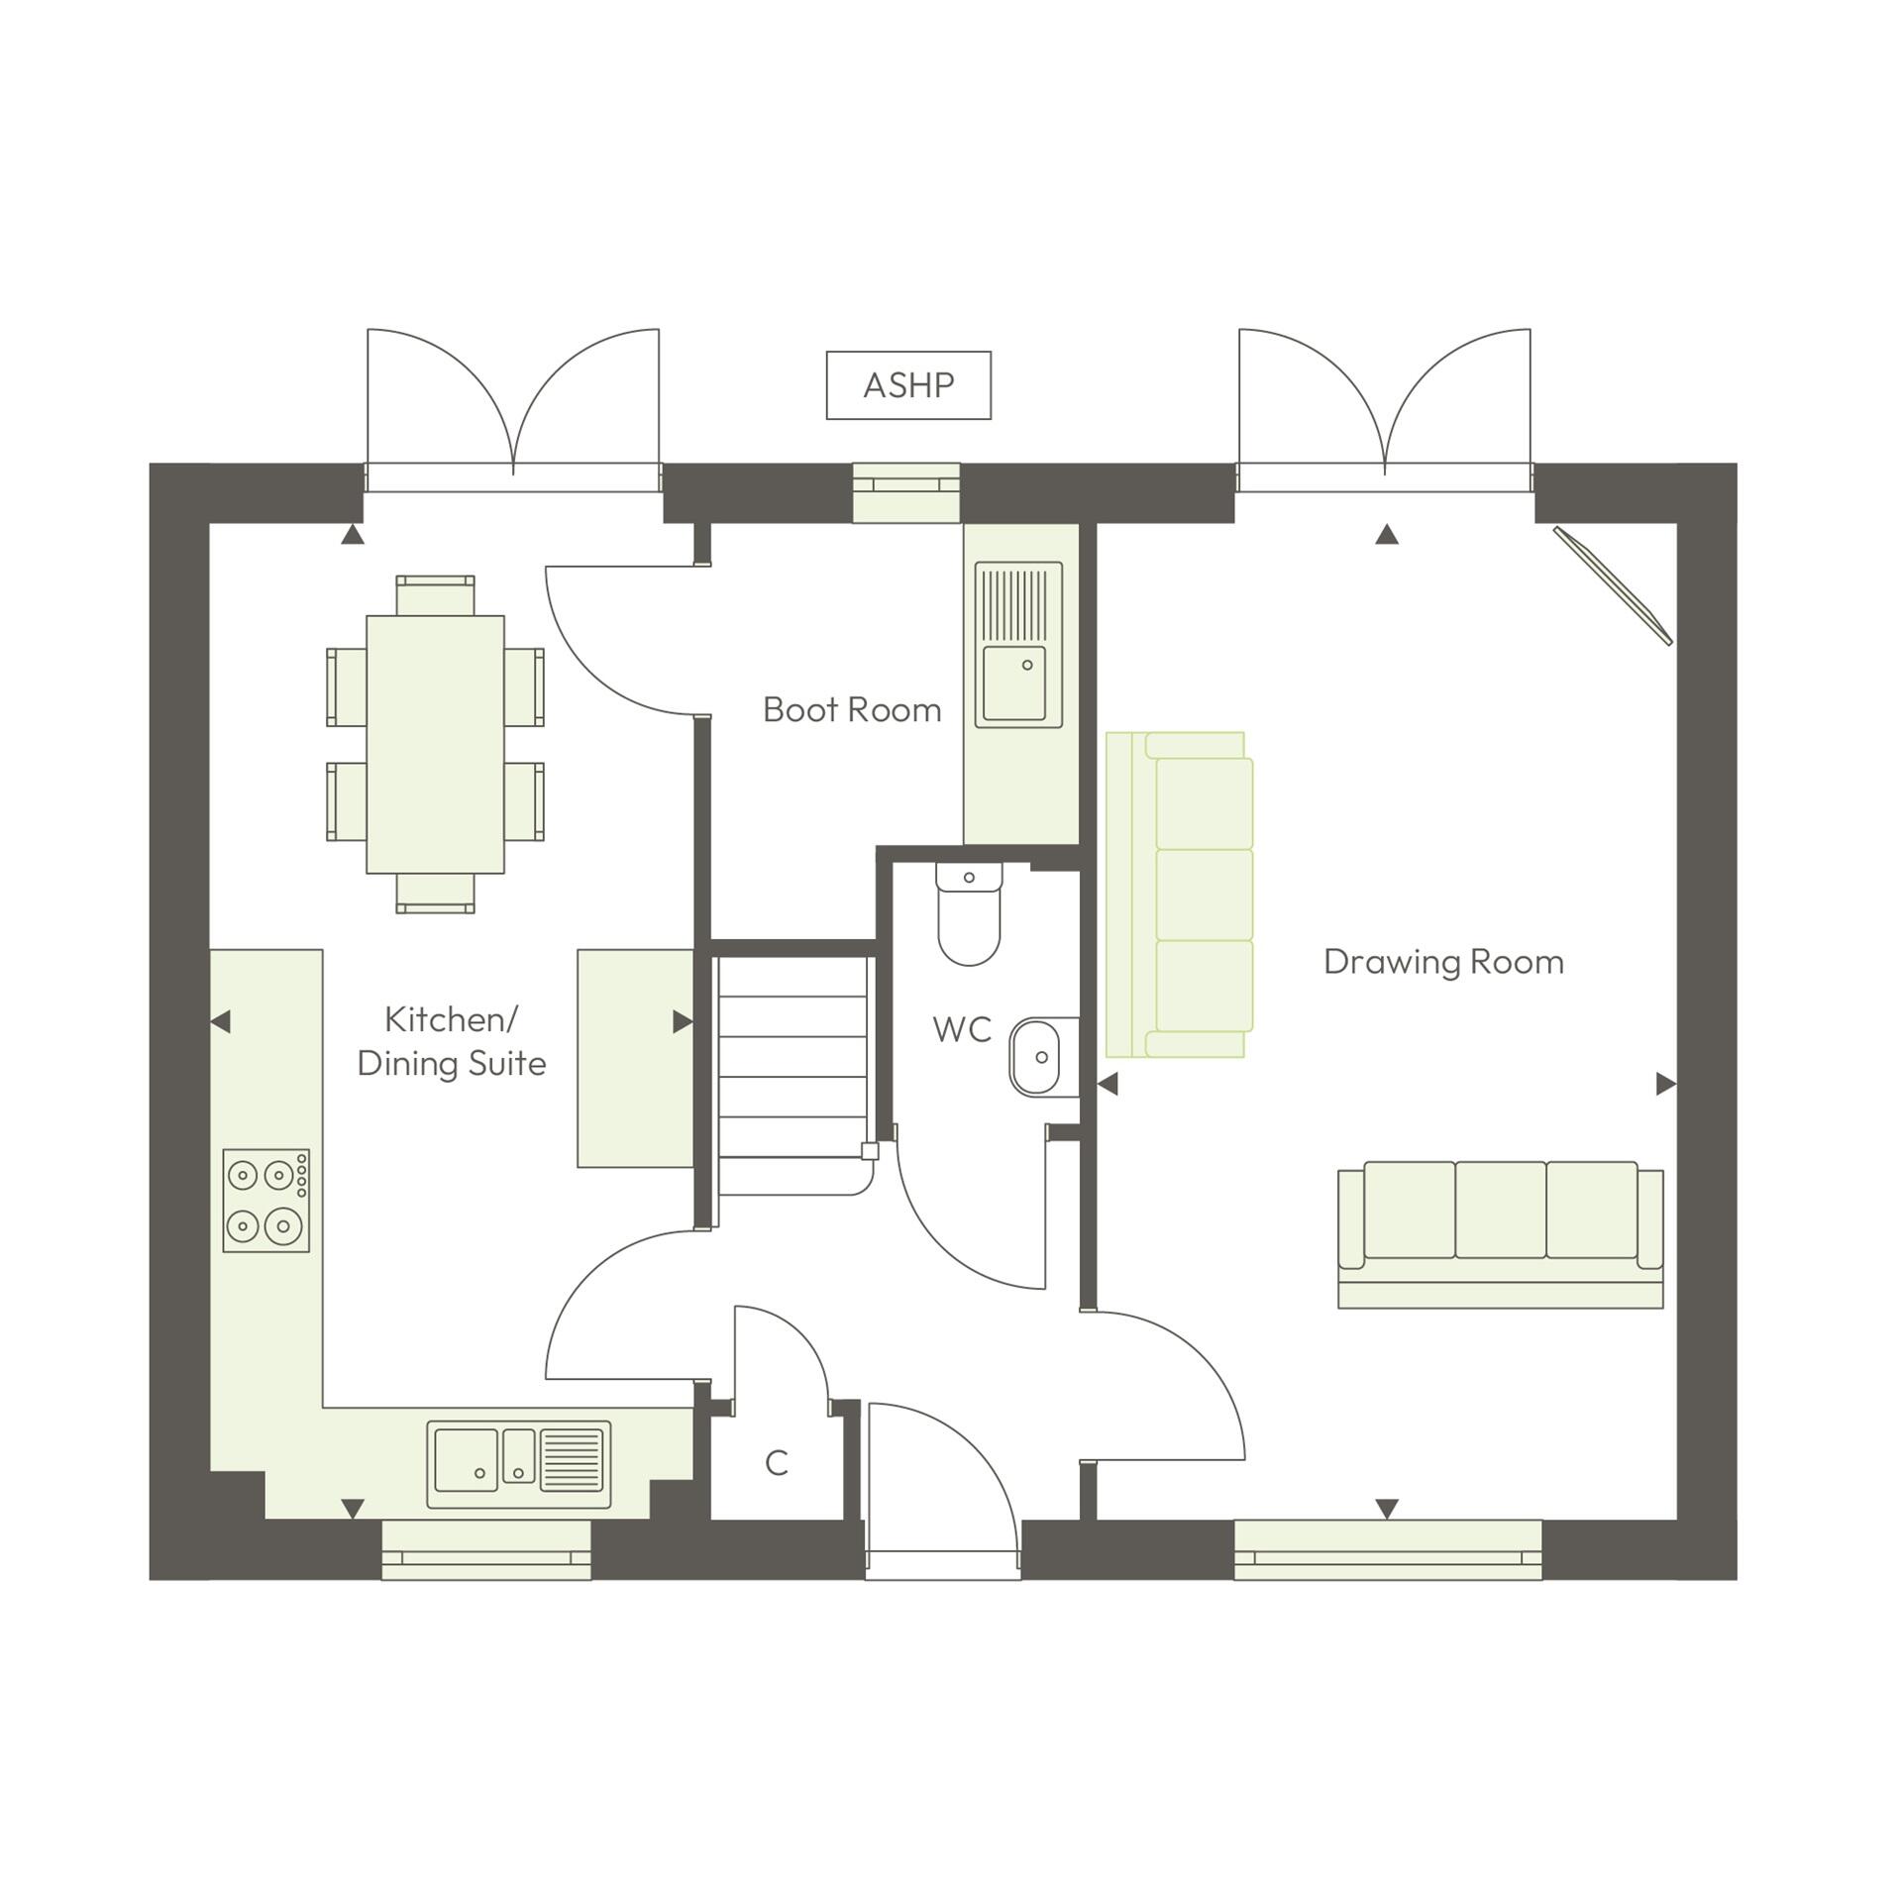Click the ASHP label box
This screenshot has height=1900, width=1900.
(x=908, y=385)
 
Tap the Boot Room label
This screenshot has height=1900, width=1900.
(x=852, y=710)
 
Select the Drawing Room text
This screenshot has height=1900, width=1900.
(x=1443, y=962)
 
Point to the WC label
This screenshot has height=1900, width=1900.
(x=962, y=1030)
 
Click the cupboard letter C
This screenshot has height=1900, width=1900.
(x=777, y=1463)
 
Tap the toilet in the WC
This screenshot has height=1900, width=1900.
(x=969, y=913)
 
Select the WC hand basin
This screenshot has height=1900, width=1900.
(x=1036, y=1057)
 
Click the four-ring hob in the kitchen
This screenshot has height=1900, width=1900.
(x=265, y=1201)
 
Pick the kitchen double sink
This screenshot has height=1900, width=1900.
(x=518, y=1465)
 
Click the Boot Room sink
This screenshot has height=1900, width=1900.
(x=1018, y=644)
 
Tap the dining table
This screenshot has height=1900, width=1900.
(x=435, y=744)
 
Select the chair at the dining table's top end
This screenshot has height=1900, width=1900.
(x=435, y=594)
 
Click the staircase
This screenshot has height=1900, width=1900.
(x=792, y=1075)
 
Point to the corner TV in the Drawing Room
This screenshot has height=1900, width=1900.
(x=1613, y=585)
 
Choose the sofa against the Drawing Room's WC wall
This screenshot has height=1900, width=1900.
(x=1180, y=895)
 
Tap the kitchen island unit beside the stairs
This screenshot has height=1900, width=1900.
(x=635, y=1058)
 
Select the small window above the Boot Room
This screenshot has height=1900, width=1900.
(x=906, y=492)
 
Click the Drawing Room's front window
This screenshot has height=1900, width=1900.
(x=1387, y=1549)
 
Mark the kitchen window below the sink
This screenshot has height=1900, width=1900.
(x=486, y=1549)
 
